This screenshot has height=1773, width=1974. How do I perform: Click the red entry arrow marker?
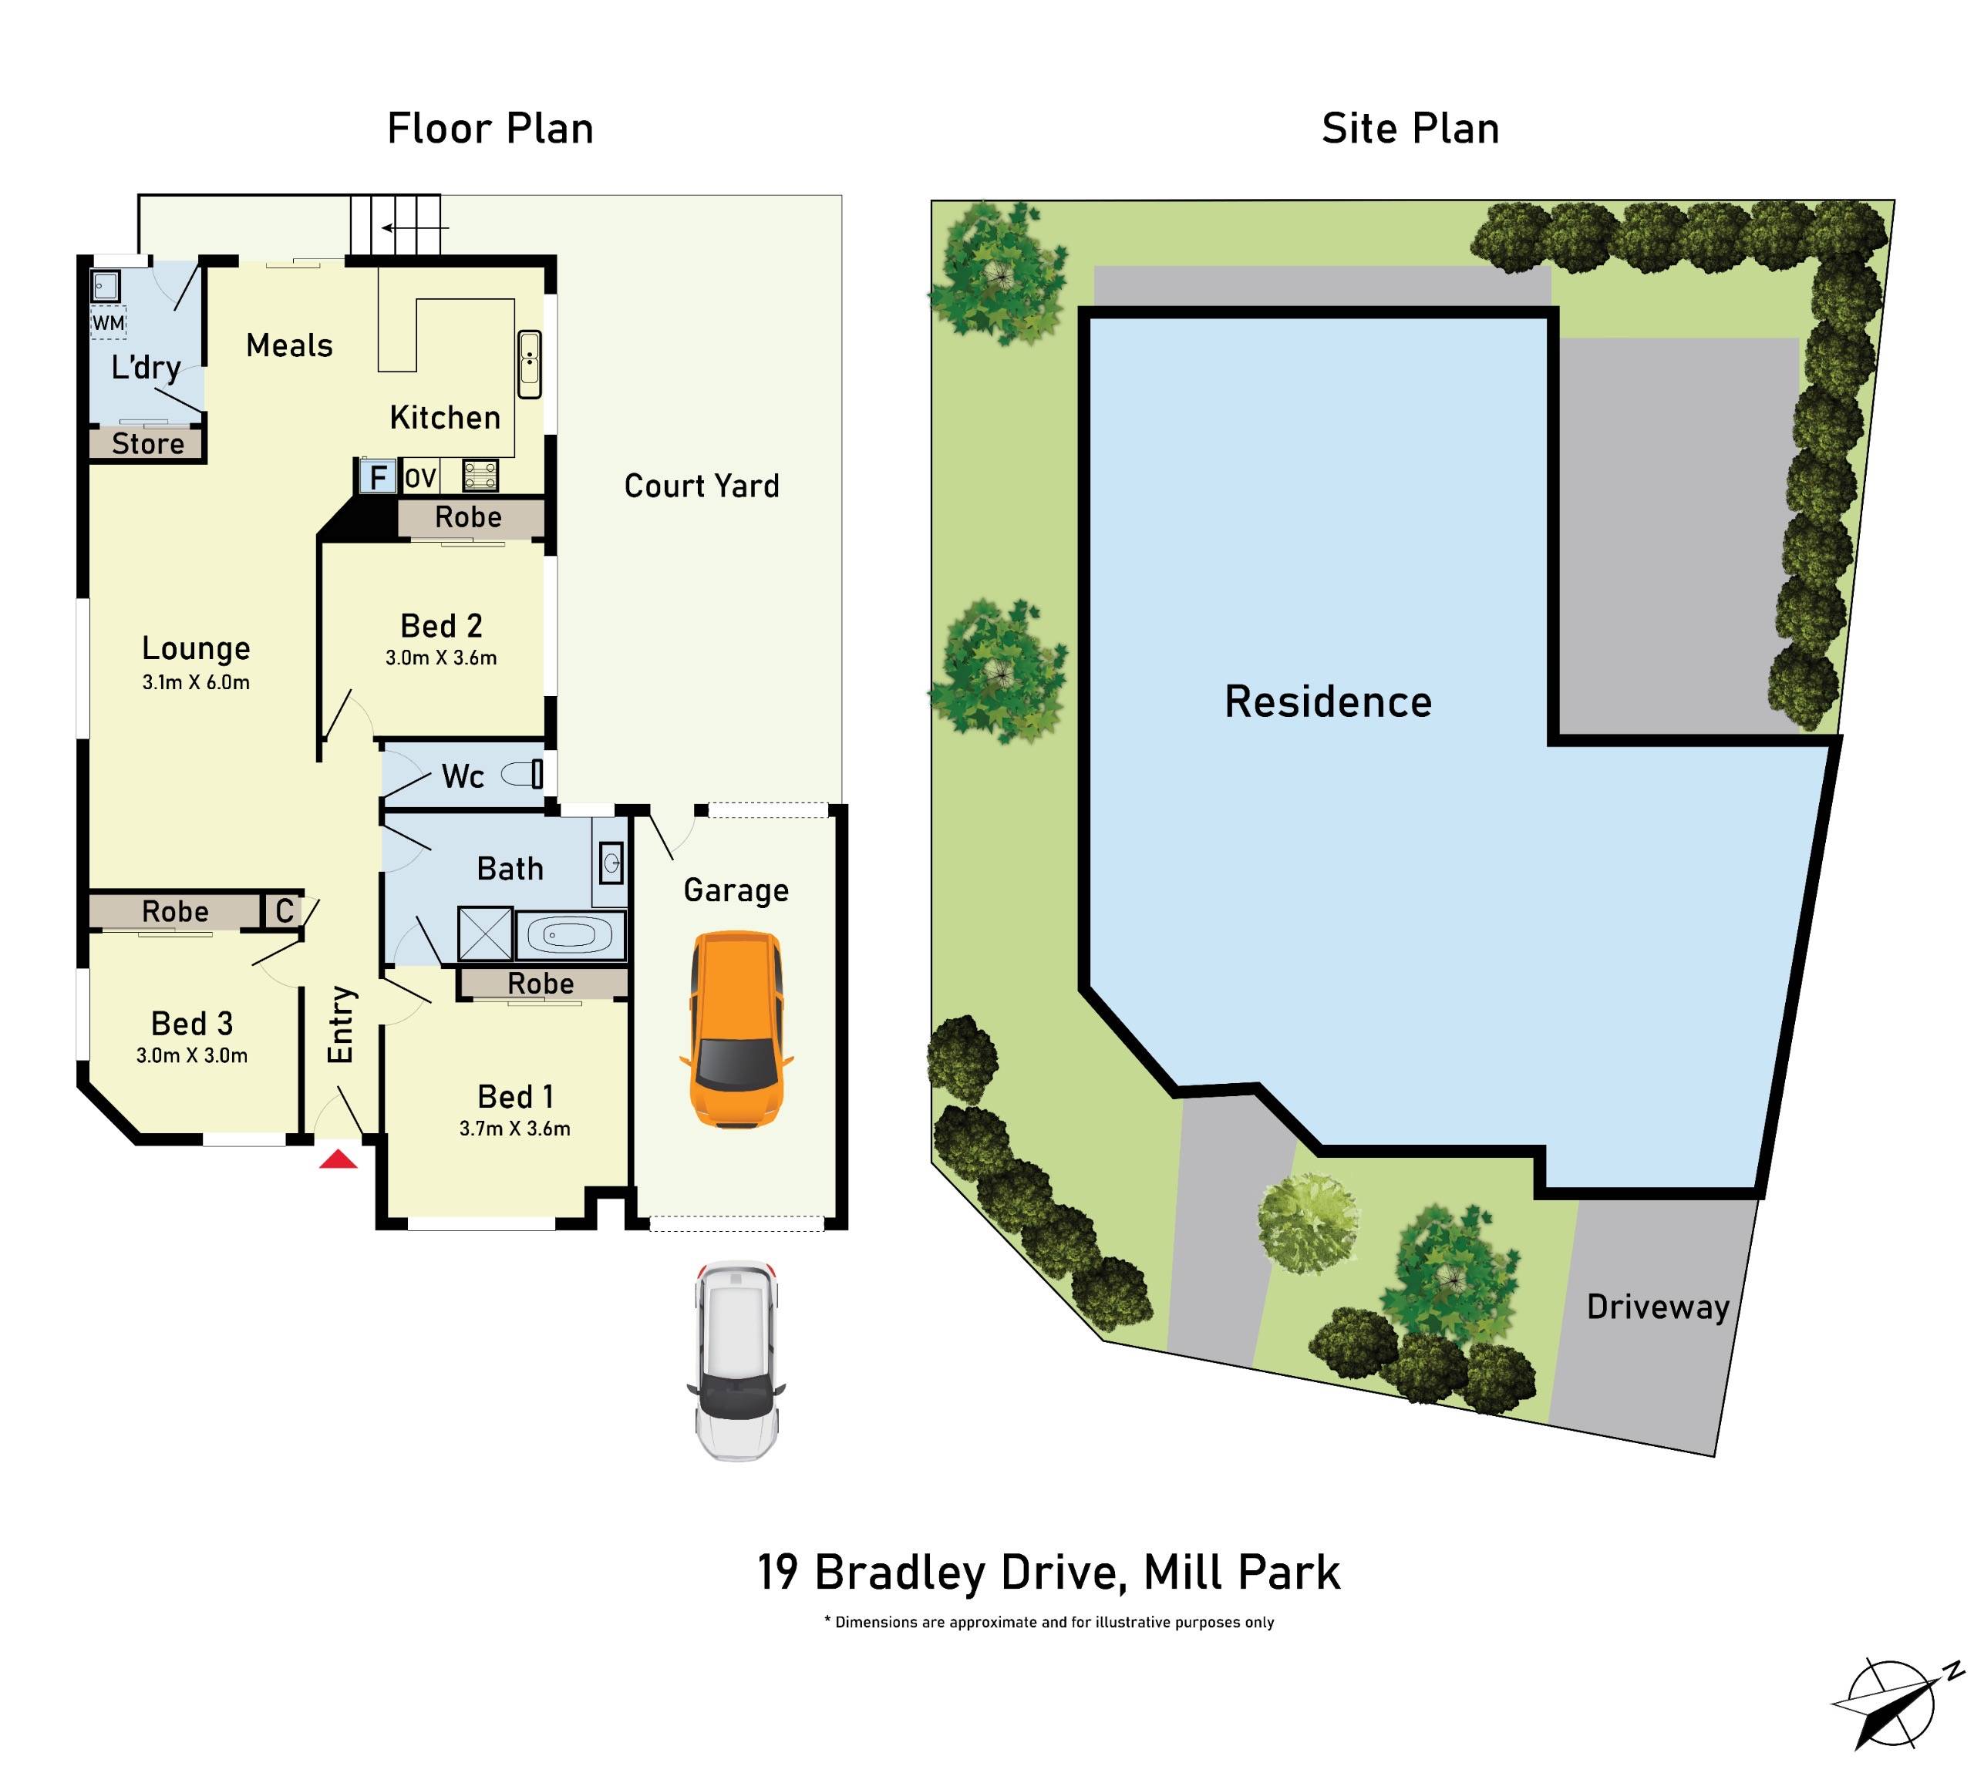[338, 1159]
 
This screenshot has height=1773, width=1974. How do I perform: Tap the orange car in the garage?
[736, 1030]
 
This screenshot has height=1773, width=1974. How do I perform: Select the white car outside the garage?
[736, 1361]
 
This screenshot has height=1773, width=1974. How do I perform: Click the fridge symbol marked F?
[378, 477]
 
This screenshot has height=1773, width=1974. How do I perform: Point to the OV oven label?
[420, 478]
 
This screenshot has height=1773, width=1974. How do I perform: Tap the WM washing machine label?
[108, 322]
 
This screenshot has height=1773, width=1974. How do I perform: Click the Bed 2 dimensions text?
[440, 658]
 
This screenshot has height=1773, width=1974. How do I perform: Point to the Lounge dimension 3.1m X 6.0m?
[196, 682]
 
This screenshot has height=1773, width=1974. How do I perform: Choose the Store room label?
[147, 444]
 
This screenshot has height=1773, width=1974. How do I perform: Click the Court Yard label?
[702, 486]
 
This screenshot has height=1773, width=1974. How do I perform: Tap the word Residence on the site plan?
[1327, 701]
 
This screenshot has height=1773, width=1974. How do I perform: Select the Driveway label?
[1657, 1307]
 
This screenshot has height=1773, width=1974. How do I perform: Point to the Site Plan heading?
[1409, 129]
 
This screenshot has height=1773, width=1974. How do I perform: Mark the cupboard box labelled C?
[284, 911]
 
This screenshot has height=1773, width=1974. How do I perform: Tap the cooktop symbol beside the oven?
[480, 476]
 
